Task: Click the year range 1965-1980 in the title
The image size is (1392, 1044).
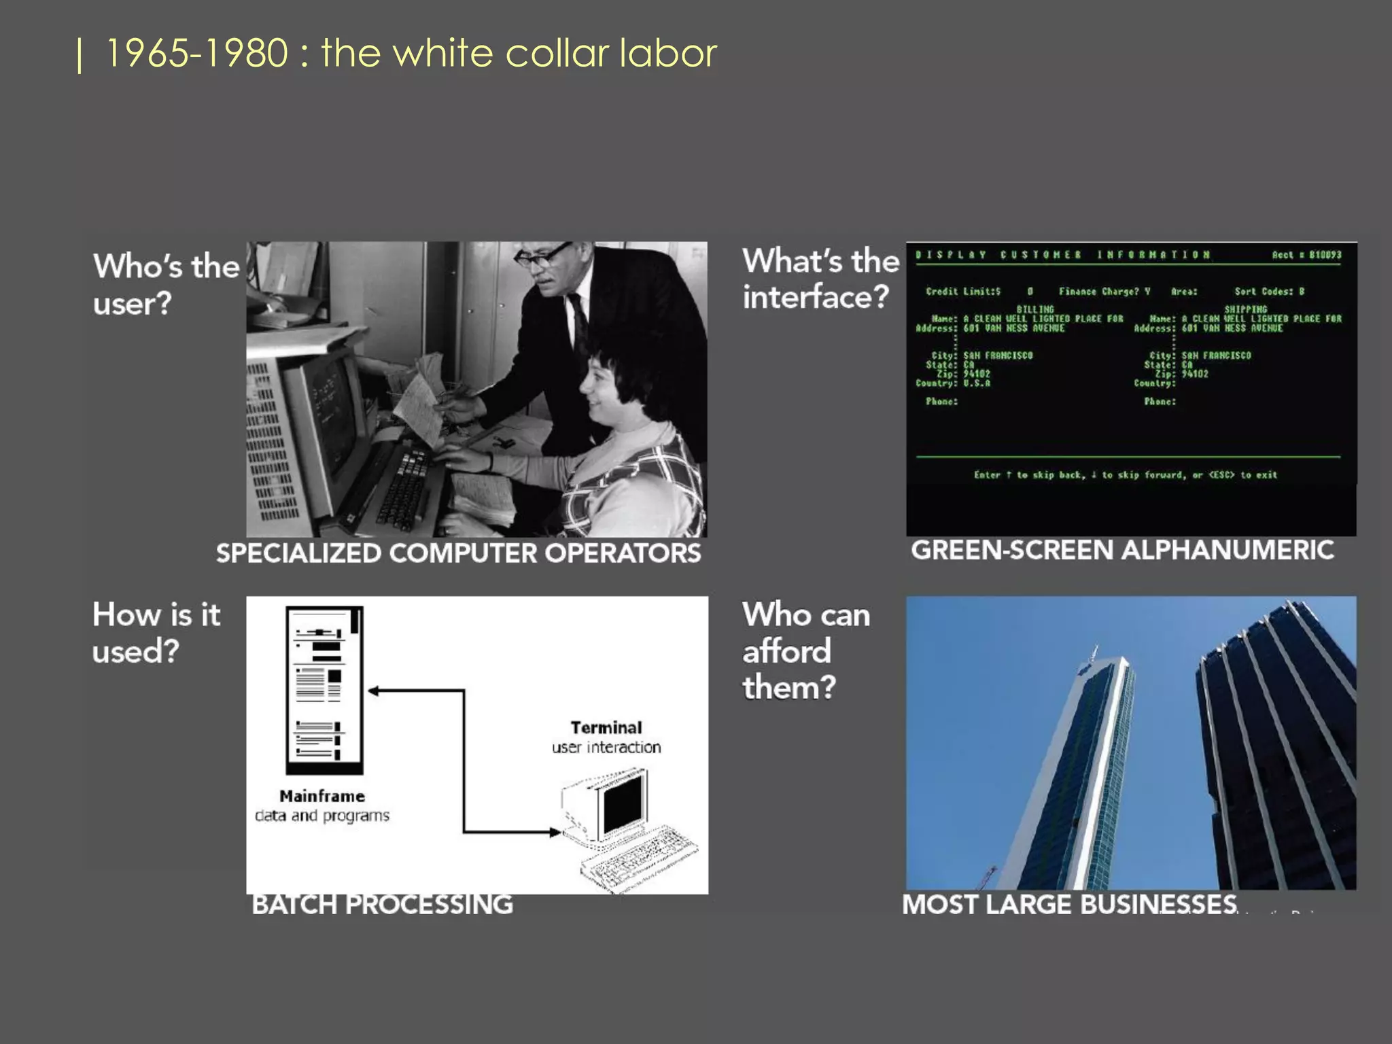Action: pyautogui.click(x=197, y=53)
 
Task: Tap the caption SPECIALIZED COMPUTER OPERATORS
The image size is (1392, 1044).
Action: pyautogui.click(x=458, y=553)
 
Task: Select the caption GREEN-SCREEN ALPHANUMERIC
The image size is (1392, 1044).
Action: pyautogui.click(x=1122, y=550)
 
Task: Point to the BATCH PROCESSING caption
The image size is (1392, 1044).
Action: pyautogui.click(x=382, y=905)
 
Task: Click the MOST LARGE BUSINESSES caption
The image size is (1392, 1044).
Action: pyautogui.click(x=1069, y=905)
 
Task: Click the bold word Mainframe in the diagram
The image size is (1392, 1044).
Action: pyautogui.click(x=322, y=796)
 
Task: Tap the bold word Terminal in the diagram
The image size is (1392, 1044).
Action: pyautogui.click(x=606, y=728)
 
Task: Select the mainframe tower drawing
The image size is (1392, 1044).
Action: pyautogui.click(x=324, y=690)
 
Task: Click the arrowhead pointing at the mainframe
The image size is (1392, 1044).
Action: pyautogui.click(x=373, y=691)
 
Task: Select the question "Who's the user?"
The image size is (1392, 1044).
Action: pyautogui.click(x=166, y=284)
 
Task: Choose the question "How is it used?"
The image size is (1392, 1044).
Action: pyautogui.click(x=156, y=632)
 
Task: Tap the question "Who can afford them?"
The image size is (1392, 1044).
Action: pyautogui.click(x=806, y=650)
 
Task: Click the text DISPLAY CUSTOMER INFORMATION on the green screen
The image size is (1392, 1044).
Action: pyautogui.click(x=1063, y=255)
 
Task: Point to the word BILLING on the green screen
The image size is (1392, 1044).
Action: pyautogui.click(x=1034, y=309)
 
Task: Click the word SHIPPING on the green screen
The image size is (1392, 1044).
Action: pyautogui.click(x=1245, y=309)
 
